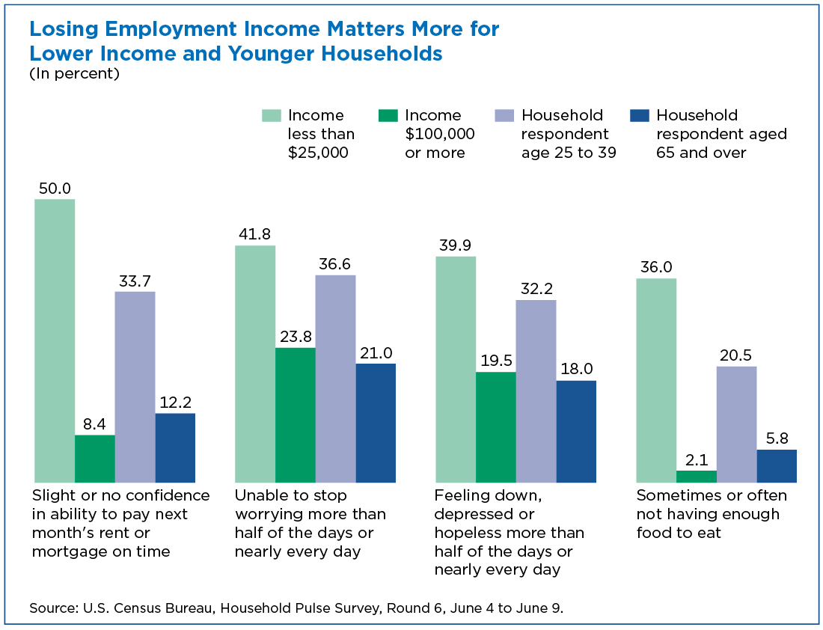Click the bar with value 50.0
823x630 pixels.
coord(55,340)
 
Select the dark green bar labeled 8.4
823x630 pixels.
coord(95,459)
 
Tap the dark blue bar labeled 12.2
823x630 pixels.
coord(175,448)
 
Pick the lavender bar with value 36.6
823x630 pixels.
coord(335,379)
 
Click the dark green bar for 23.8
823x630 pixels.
coord(296,415)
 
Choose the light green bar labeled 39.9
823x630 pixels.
coord(456,370)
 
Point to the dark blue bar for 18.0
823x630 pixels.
coord(576,432)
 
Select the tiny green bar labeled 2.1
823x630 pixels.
coord(697,477)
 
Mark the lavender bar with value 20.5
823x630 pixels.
coord(737,424)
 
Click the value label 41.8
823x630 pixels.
coord(254,233)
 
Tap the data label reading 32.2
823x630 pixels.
coord(536,288)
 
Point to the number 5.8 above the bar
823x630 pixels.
coord(777,438)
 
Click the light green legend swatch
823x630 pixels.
coord(272,115)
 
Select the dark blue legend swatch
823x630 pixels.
coord(639,115)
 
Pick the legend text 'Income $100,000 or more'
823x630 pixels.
coord(440,134)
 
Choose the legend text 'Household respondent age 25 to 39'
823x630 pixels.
coord(569,134)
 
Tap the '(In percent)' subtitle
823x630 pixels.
coord(75,73)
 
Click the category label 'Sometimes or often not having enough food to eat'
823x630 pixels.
coord(712,514)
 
